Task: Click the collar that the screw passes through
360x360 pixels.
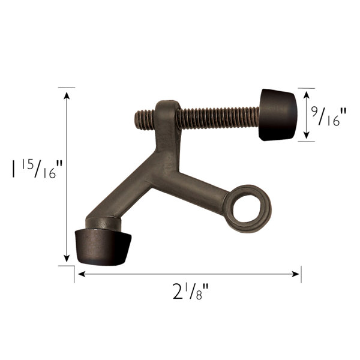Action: coord(166,114)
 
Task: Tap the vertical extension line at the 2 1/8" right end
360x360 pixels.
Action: coord(301,273)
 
